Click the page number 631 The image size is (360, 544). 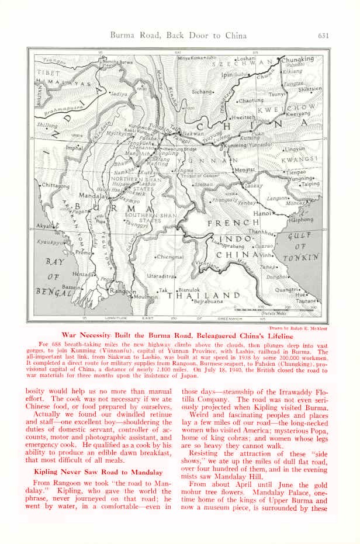(324, 36)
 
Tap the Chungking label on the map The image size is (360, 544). (298, 59)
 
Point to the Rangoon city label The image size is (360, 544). (123, 291)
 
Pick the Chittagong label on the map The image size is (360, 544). (56, 186)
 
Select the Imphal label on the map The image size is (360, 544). (74, 148)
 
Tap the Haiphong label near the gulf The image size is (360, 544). (302, 220)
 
